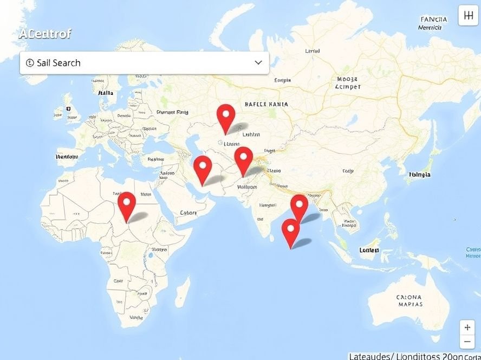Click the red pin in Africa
pyautogui.click(x=127, y=203)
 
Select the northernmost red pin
pyautogui.click(x=225, y=115)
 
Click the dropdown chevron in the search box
pyautogui.click(x=258, y=63)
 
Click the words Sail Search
pyautogui.click(x=58, y=63)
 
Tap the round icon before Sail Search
pyautogui.click(x=30, y=63)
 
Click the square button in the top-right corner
pyautogui.click(x=469, y=16)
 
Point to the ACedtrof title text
pyautogui.click(x=45, y=34)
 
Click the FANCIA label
pyautogui.click(x=434, y=20)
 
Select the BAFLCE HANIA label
pyautogui.click(x=266, y=104)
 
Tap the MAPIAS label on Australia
pyautogui.click(x=409, y=305)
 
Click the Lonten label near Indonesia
pyautogui.click(x=369, y=250)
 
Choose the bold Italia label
pyautogui.click(x=106, y=93)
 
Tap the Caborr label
pyautogui.click(x=188, y=213)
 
